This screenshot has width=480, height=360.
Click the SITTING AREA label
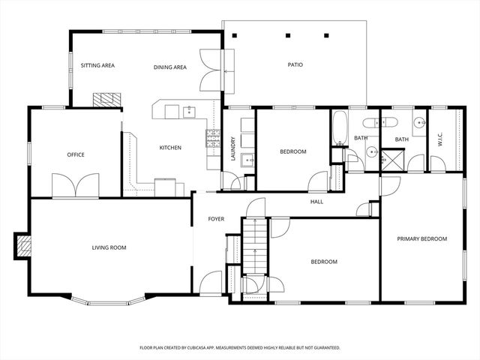97,66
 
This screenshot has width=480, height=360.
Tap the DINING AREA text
170,67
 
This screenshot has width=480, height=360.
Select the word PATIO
295,64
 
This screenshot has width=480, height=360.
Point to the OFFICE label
76,155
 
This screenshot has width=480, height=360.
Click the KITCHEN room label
170,148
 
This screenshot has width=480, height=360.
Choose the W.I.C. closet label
440,139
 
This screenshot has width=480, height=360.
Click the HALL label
317,201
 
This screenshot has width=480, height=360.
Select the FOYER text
217,219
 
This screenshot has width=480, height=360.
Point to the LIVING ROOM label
109,247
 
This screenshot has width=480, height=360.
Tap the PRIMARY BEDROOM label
421,238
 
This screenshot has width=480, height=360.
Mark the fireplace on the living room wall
22,245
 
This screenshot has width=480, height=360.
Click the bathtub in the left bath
339,128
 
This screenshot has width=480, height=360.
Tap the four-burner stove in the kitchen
213,136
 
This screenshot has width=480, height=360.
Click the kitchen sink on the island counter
188,112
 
